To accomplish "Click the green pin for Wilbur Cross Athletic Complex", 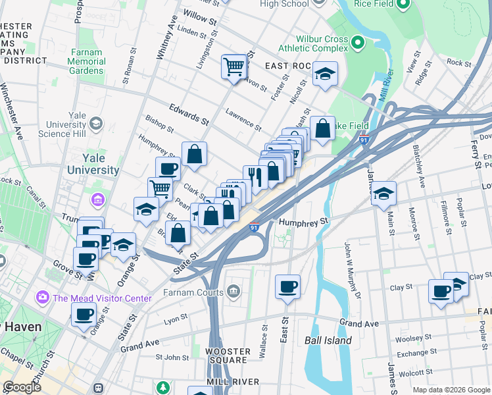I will (x=358, y=43).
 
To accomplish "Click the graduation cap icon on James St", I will (x=383, y=194).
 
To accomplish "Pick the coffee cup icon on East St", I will (x=287, y=286).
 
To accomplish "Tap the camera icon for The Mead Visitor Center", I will (x=44, y=298).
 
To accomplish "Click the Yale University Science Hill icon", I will (x=96, y=124).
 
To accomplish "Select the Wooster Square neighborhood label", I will (x=226, y=355).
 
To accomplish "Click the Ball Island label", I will (x=328, y=340).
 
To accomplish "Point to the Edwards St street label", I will (x=188, y=114).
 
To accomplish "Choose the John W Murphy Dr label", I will (x=352, y=270).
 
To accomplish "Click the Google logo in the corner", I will (x=22, y=387).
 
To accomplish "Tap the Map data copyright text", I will (x=451, y=390).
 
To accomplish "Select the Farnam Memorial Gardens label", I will (x=86, y=61).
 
